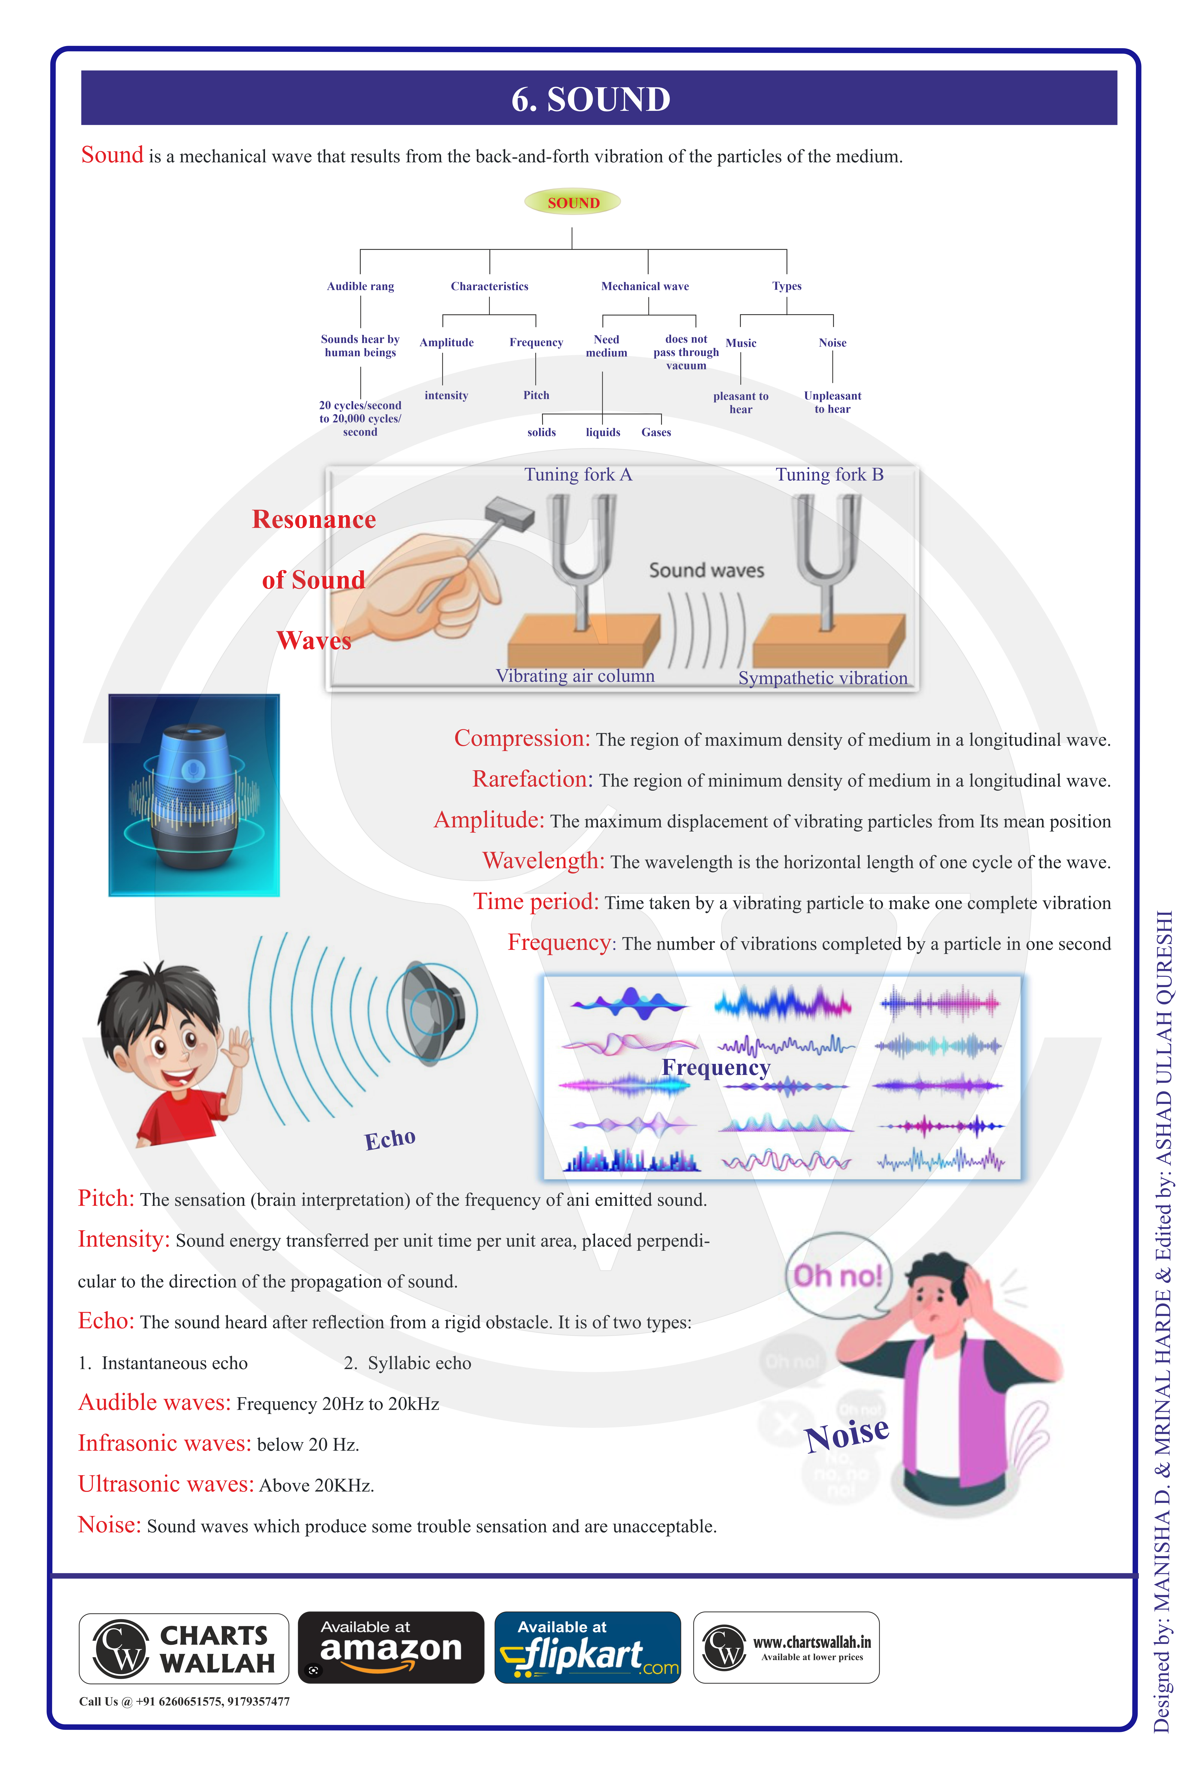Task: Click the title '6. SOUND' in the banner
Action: point(591,99)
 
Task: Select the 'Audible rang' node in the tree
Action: point(361,287)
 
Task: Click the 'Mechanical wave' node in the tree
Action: point(646,287)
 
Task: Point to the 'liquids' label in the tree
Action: point(603,433)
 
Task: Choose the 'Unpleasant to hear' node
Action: point(833,402)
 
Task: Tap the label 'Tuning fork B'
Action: point(830,475)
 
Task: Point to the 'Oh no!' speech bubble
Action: point(838,1276)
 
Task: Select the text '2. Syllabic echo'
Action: point(408,1363)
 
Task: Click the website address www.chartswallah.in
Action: point(812,1642)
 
